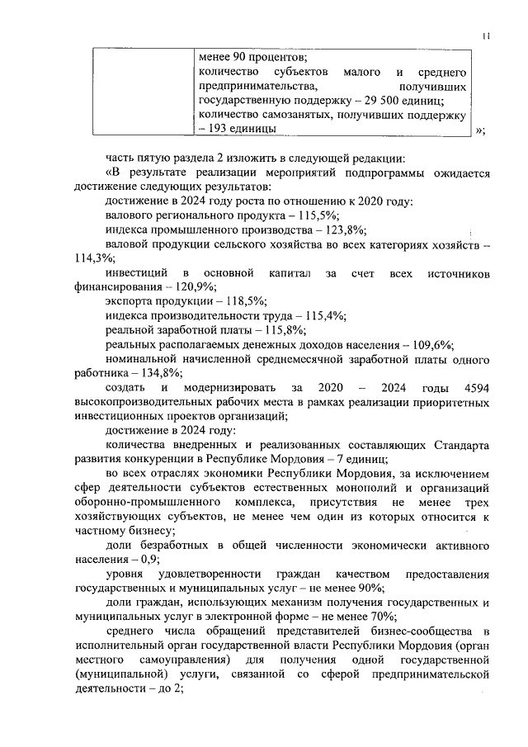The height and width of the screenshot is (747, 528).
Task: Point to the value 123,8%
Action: [345, 229]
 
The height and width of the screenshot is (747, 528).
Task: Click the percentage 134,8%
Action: [160, 373]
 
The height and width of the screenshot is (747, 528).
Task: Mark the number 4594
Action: [478, 388]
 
